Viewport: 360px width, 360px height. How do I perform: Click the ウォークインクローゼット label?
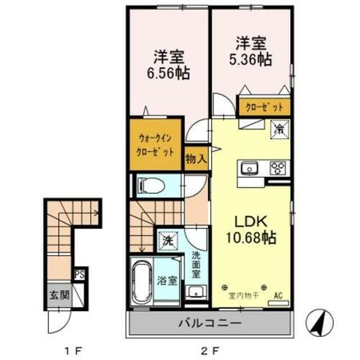(x=156, y=147)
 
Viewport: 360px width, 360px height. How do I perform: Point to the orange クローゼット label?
(x=266, y=106)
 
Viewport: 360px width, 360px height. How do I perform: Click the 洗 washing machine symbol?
(x=166, y=238)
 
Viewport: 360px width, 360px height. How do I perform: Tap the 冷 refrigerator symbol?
(x=278, y=130)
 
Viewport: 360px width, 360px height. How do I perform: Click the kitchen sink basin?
(x=250, y=168)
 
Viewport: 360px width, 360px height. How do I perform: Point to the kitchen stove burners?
(x=278, y=168)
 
